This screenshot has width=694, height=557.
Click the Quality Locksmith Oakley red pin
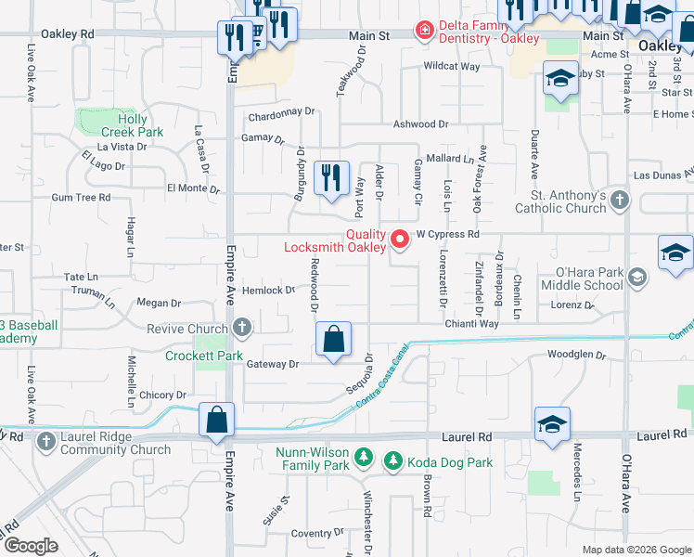tap(401, 240)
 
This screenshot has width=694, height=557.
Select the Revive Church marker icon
tap(242, 328)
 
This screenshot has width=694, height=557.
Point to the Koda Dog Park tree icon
tap(392, 460)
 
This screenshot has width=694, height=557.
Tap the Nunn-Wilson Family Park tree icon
tap(364, 458)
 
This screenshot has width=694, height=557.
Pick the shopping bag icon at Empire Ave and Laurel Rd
tap(216, 420)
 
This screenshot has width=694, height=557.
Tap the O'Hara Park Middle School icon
tap(637, 277)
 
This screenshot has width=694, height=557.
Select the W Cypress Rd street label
tap(447, 235)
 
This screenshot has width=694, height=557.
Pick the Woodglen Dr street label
tap(575, 355)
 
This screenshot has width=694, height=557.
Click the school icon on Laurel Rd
tap(552, 423)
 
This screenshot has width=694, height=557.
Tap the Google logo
tap(31, 546)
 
